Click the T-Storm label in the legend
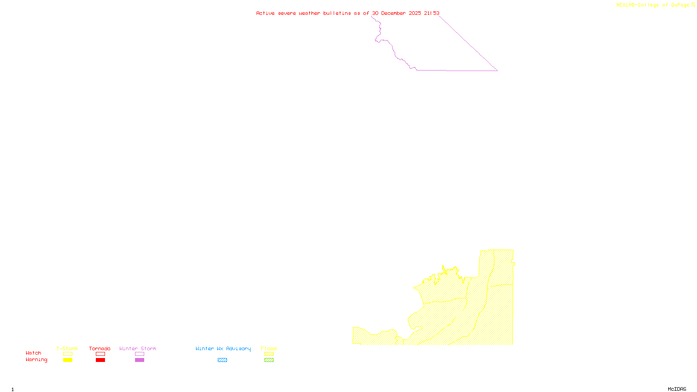[67, 348]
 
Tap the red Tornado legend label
[100, 348]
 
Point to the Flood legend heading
[269, 348]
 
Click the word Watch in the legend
[34, 353]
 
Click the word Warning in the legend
[37, 360]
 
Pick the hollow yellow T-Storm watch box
[68, 354]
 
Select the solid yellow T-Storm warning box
[68, 360]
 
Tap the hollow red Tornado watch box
[100, 354]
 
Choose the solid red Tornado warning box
[100, 360]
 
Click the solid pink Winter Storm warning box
[139, 360]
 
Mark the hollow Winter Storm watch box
[139, 354]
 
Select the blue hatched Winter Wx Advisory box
[222, 360]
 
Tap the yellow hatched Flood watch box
[269, 354]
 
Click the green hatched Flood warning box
[269, 360]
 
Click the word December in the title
[393, 13]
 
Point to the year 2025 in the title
[415, 13]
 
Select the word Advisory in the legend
[238, 348]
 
